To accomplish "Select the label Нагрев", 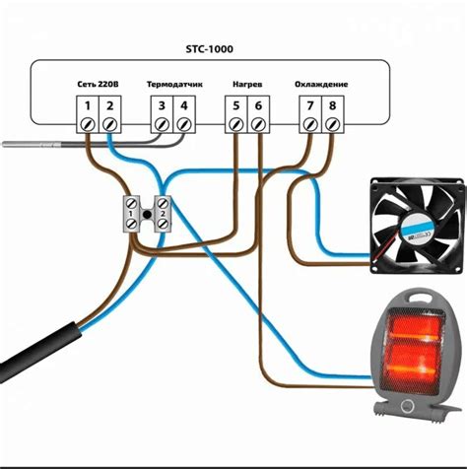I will point(246,86).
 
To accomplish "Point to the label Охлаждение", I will point(319,86).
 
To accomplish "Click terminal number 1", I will point(87,105).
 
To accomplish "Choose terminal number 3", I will point(162,105).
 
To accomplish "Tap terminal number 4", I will point(183,105).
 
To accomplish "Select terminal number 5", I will point(234,105).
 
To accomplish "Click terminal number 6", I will point(257,105).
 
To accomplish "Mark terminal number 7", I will point(309,105).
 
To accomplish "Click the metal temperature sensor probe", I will point(30,143).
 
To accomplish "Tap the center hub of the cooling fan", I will point(417,226).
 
